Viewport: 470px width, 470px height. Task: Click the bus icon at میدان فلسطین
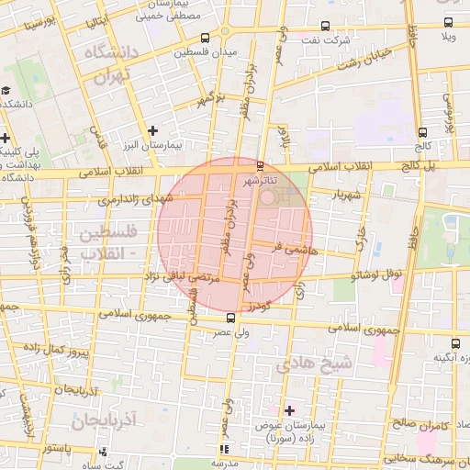[203, 39]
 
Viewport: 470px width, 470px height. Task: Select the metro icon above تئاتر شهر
[261, 166]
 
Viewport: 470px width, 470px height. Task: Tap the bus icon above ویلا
[448, 23]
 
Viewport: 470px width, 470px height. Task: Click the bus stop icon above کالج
[421, 132]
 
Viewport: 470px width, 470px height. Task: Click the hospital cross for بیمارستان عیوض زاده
[290, 409]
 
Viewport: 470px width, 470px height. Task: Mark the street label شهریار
[330, 195]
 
